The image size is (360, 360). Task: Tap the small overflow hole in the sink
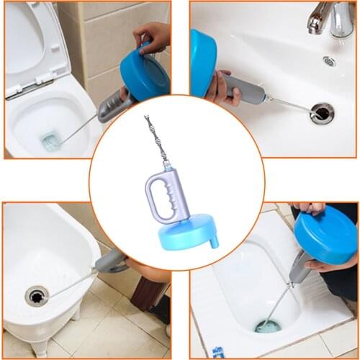click(329, 61)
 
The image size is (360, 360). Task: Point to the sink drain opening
click(322, 112)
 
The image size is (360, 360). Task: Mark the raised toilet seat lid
click(32, 43)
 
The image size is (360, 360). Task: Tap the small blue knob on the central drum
click(213, 240)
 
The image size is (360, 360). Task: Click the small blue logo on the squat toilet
click(218, 351)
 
